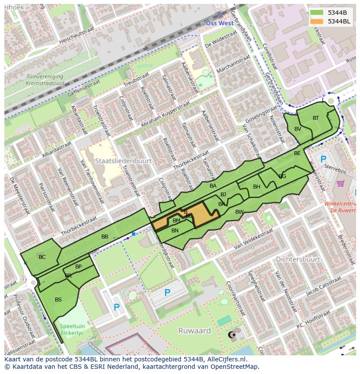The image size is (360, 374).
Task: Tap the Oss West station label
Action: point(220,23)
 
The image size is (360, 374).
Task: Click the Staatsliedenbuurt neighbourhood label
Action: point(123,161)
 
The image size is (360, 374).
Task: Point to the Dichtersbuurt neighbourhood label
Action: point(298,259)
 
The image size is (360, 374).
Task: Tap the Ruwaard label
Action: point(194,331)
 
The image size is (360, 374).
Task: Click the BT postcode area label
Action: point(316,118)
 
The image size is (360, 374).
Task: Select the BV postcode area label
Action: point(298,129)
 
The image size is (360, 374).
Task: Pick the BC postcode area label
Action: point(42,257)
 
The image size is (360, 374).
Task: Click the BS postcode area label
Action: point(58,300)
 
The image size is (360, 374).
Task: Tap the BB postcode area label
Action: point(105,237)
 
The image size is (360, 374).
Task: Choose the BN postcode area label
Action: point(175,231)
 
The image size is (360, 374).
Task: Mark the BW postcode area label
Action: point(239,212)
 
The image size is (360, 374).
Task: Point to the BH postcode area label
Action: point(257,187)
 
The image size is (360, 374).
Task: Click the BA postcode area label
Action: point(213,186)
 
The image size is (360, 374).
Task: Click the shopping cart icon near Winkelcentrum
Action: point(340,184)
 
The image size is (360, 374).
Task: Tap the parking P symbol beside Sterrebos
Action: point(323,160)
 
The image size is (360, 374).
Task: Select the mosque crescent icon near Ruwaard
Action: point(231,335)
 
